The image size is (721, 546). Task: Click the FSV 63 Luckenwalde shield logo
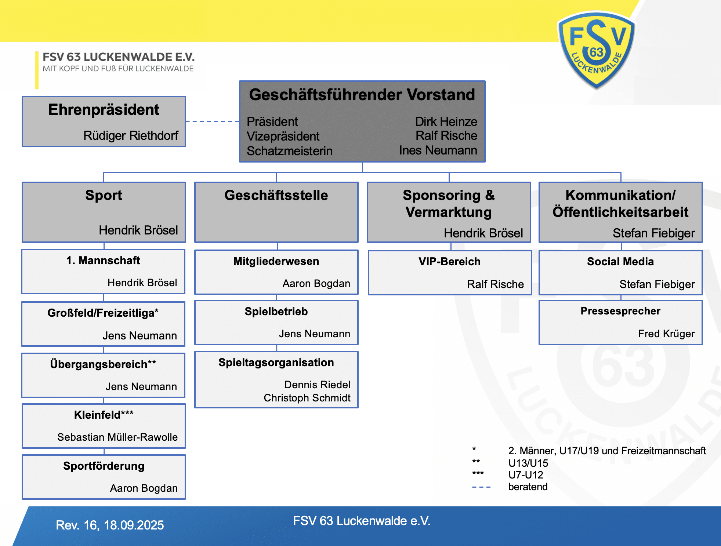pyautogui.click(x=597, y=50)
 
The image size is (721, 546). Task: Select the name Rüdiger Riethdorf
pyautogui.click(x=131, y=135)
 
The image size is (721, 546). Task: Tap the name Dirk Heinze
pyautogui.click(x=446, y=121)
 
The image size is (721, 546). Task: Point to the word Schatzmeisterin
pyautogui.click(x=290, y=151)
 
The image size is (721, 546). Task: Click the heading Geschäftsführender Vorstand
pyautogui.click(x=362, y=95)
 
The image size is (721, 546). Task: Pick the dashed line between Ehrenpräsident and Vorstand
pyautogui.click(x=212, y=121)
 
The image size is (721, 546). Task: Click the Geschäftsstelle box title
pyautogui.click(x=276, y=195)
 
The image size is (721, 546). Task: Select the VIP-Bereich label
pyautogui.click(x=449, y=262)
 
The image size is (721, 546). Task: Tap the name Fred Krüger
pyautogui.click(x=666, y=334)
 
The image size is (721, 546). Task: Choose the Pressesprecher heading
pyautogui.click(x=620, y=311)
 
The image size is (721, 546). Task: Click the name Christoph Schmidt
pyautogui.click(x=307, y=398)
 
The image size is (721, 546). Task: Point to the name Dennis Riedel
pyautogui.click(x=317, y=385)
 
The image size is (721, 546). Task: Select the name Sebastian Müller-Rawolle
pyautogui.click(x=117, y=437)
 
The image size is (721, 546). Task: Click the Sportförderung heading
pyautogui.click(x=104, y=466)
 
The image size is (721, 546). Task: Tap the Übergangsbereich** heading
pyautogui.click(x=103, y=364)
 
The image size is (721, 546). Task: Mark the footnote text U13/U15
pyautogui.click(x=528, y=463)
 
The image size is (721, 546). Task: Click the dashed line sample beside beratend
pyautogui.click(x=481, y=487)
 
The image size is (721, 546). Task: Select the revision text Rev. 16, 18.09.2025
pyautogui.click(x=110, y=525)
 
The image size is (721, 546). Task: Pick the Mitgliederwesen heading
pyautogui.click(x=276, y=261)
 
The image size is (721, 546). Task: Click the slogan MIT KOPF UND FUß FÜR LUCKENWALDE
pyautogui.click(x=118, y=69)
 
